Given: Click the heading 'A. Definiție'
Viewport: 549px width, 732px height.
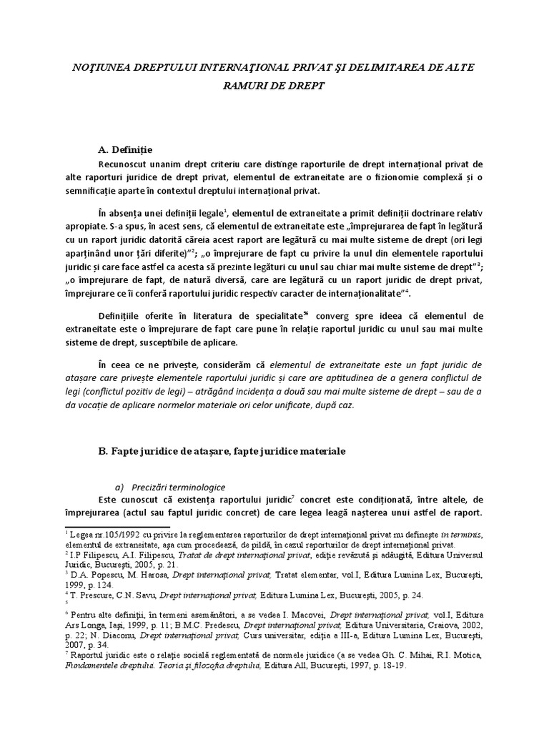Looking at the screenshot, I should pyautogui.click(x=132, y=149).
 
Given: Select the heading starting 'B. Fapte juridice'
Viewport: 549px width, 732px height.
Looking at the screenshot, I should pyautogui.click(x=222, y=452).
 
